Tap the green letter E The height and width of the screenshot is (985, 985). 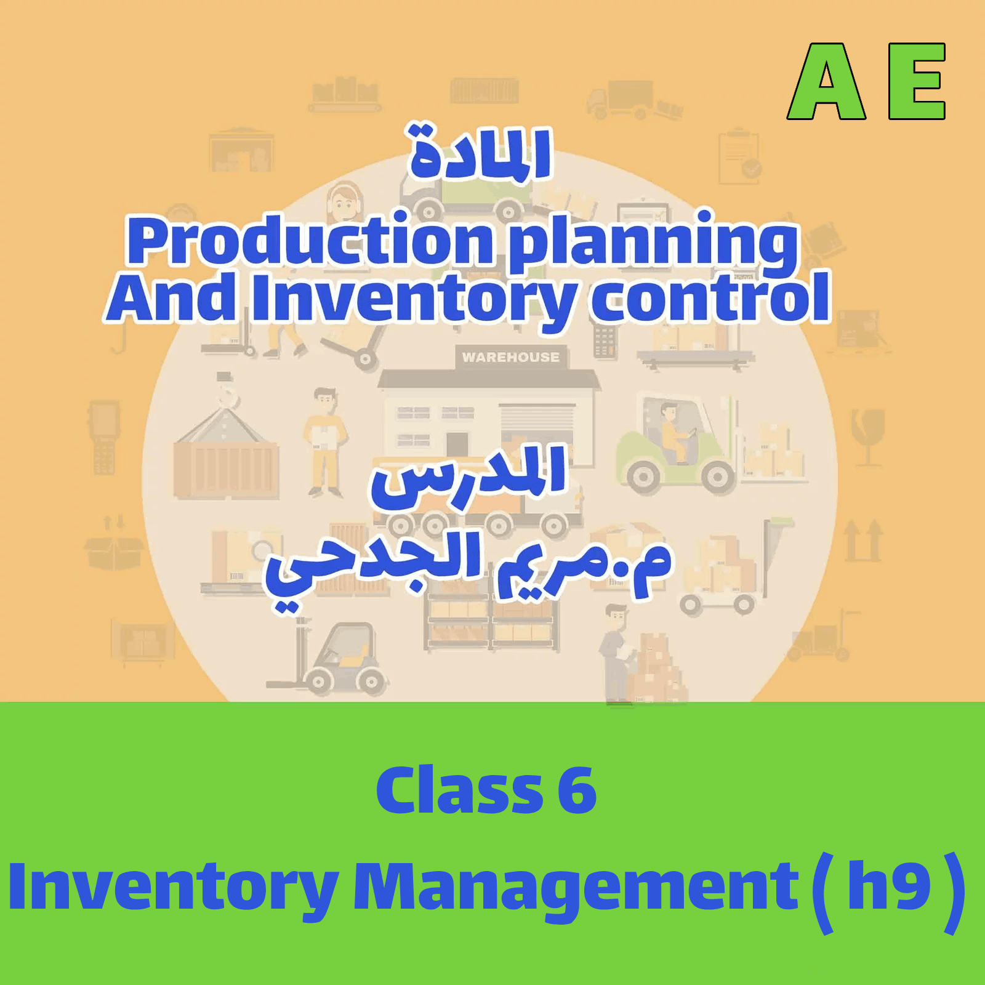916,82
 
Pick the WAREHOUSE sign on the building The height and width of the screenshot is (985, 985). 510,357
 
